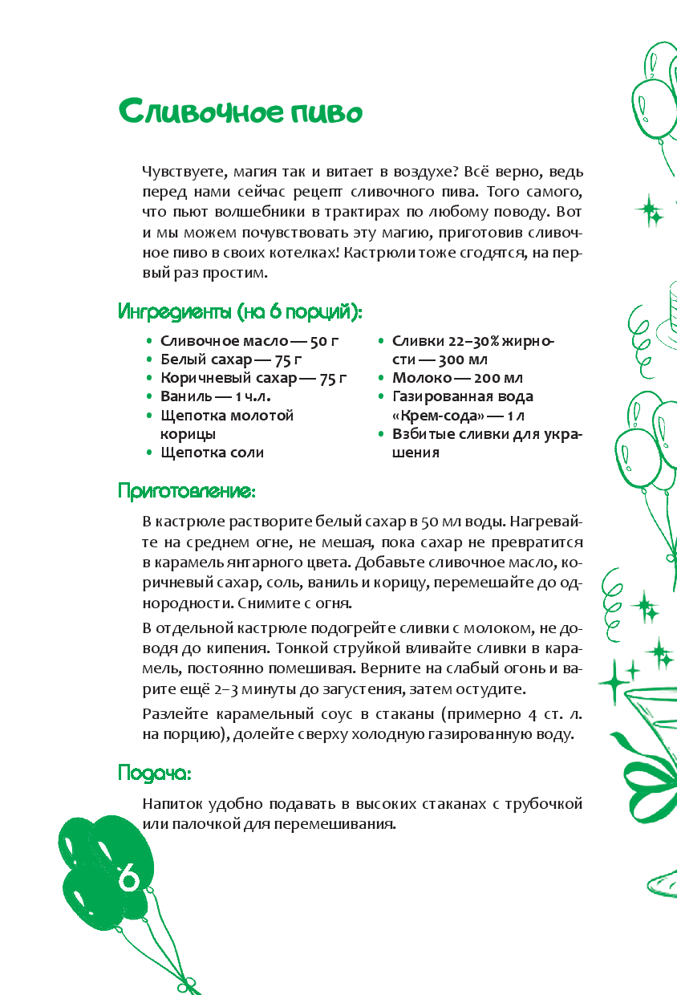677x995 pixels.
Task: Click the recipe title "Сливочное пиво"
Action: pyautogui.click(x=241, y=112)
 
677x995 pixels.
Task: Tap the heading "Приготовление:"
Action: pyautogui.click(x=187, y=490)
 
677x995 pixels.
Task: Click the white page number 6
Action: pyautogui.click(x=129, y=878)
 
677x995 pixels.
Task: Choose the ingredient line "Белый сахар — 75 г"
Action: pyautogui.click(x=230, y=359)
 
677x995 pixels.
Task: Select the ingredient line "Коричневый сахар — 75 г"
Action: pyautogui.click(x=253, y=378)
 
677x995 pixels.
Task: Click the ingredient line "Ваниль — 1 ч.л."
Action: pyautogui.click(x=215, y=396)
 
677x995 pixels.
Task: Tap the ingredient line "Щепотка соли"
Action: pyautogui.click(x=212, y=453)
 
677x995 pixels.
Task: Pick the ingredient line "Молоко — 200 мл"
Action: pyautogui.click(x=457, y=378)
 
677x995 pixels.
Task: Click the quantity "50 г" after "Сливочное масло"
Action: pyautogui.click(x=324, y=341)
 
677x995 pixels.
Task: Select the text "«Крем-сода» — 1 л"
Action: pyautogui.click(x=456, y=416)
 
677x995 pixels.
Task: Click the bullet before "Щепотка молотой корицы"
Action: pyautogui.click(x=148, y=416)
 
